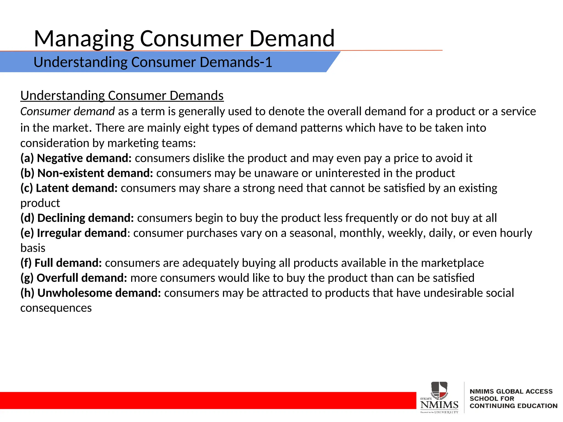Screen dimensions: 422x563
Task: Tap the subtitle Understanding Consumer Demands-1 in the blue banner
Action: pos(153,62)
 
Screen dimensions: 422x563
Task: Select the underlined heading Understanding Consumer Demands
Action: pos(122,96)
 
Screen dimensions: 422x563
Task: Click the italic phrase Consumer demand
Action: pos(67,112)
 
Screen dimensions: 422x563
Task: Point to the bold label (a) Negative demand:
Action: pos(76,158)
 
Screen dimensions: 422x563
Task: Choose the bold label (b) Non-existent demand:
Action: pos(87,173)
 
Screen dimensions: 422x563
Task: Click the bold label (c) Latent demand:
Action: pos(69,188)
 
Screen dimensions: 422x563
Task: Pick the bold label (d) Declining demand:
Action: pos(77,218)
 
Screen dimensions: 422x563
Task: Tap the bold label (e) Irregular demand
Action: pos(74,233)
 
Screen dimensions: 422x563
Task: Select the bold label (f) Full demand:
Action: pos(61,263)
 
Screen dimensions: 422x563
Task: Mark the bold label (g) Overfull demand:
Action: pos(74,278)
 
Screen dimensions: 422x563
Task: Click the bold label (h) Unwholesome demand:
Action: pos(90,293)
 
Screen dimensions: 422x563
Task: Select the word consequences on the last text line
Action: pos(56,308)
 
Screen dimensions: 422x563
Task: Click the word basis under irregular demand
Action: pos(33,248)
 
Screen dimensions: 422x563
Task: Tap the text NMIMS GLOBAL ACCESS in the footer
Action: pos(511,391)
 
